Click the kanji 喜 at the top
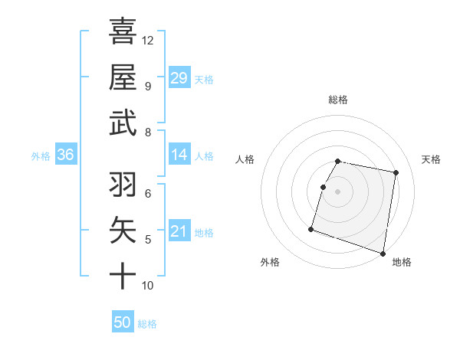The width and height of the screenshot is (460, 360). click(123, 31)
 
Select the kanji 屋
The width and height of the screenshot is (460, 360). click(123, 77)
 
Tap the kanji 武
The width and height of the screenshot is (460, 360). click(123, 123)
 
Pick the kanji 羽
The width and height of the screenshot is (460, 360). click(123, 185)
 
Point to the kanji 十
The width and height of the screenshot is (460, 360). click(123, 275)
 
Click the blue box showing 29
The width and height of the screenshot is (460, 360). click(179, 77)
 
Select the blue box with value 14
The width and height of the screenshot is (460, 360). click(179, 155)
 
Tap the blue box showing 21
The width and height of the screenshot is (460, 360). click(179, 231)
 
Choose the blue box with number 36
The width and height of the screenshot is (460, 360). click(65, 155)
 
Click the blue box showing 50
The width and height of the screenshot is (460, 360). click(123, 322)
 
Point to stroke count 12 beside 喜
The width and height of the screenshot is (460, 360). click(148, 40)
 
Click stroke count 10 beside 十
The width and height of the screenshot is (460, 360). click(148, 286)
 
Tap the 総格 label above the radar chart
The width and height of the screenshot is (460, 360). click(338, 100)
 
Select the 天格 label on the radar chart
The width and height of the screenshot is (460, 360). click(432, 159)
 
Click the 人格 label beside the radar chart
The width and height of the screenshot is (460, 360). click(245, 159)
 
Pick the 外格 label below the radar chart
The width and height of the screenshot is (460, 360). click(270, 262)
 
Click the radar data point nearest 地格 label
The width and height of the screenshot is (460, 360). click(383, 253)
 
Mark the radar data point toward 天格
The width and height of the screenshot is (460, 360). click(396, 173)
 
